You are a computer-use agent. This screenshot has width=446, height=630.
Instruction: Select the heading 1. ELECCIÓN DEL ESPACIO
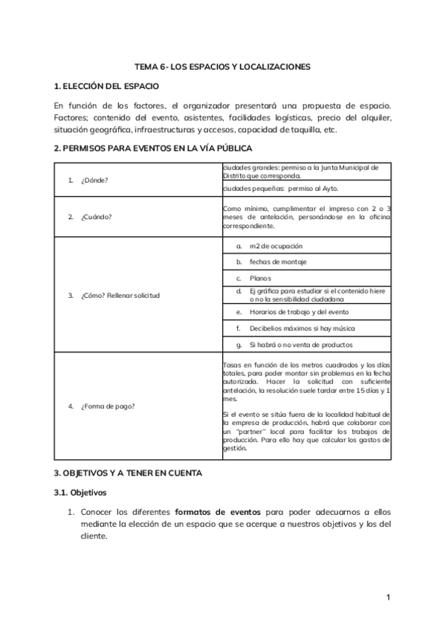106,86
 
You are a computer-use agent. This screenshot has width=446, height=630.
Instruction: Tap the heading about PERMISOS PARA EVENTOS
147,149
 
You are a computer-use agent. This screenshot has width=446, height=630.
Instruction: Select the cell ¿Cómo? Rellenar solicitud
124,295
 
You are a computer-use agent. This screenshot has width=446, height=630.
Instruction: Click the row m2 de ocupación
276,246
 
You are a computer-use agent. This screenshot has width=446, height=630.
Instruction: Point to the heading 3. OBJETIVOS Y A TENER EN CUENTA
127,472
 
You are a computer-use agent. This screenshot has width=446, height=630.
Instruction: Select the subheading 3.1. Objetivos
80,492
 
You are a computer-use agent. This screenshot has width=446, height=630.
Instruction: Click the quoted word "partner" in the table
248,431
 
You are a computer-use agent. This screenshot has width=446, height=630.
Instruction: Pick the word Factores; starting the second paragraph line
71,117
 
